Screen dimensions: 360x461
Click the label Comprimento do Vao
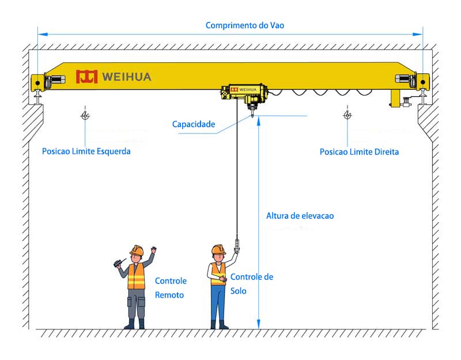point(245,25)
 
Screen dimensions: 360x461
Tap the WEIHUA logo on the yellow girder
point(114,76)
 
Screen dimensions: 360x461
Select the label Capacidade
point(194,124)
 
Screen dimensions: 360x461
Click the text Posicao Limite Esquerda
point(86,152)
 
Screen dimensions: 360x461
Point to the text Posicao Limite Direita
point(360,152)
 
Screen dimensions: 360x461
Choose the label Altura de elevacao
point(300,216)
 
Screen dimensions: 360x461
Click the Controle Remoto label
point(171,288)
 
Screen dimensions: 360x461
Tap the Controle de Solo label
point(251,284)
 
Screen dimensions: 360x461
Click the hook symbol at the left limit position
point(85,116)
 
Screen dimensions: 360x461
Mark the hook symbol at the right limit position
point(347,116)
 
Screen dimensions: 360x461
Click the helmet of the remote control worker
point(137,251)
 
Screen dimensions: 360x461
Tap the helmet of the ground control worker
point(217,249)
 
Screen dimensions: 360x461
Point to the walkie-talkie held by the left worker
point(120,263)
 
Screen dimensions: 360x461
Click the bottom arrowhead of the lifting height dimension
point(259,324)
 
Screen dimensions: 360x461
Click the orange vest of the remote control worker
point(136,276)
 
